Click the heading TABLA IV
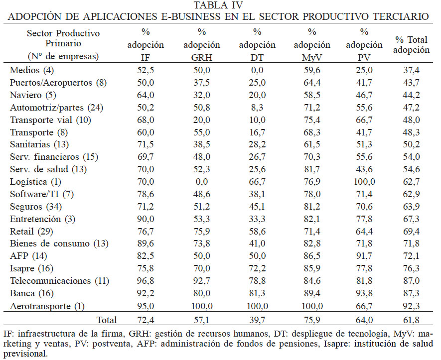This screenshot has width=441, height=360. [x=219, y=5]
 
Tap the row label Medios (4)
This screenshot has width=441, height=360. [x=29, y=70]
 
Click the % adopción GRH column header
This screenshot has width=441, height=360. [x=201, y=44]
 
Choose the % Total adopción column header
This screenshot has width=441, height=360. [x=412, y=44]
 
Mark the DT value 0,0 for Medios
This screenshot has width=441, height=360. [x=257, y=70]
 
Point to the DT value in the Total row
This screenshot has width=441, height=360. [x=257, y=320]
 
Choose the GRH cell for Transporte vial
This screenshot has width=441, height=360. [x=201, y=120]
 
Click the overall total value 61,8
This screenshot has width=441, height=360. [x=412, y=320]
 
